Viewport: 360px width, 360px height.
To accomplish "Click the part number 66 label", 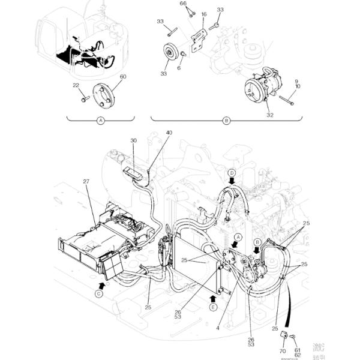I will [x=184, y=4].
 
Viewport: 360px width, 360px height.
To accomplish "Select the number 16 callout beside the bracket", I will [x=204, y=14].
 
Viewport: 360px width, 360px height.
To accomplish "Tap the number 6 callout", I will [x=179, y=68].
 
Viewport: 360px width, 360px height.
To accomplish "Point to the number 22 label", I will [x=76, y=85].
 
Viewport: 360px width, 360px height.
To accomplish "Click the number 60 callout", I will [x=123, y=77].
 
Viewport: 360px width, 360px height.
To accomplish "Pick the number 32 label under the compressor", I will [x=270, y=115].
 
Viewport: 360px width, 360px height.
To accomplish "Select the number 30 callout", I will [x=133, y=140].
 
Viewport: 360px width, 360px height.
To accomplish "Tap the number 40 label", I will [x=169, y=133].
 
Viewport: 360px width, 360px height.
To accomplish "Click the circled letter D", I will [x=232, y=173].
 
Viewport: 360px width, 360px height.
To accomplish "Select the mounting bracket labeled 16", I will [x=197, y=42].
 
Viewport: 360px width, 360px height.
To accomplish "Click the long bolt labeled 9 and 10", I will [x=287, y=99].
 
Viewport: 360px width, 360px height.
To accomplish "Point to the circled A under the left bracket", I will [x=101, y=121].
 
